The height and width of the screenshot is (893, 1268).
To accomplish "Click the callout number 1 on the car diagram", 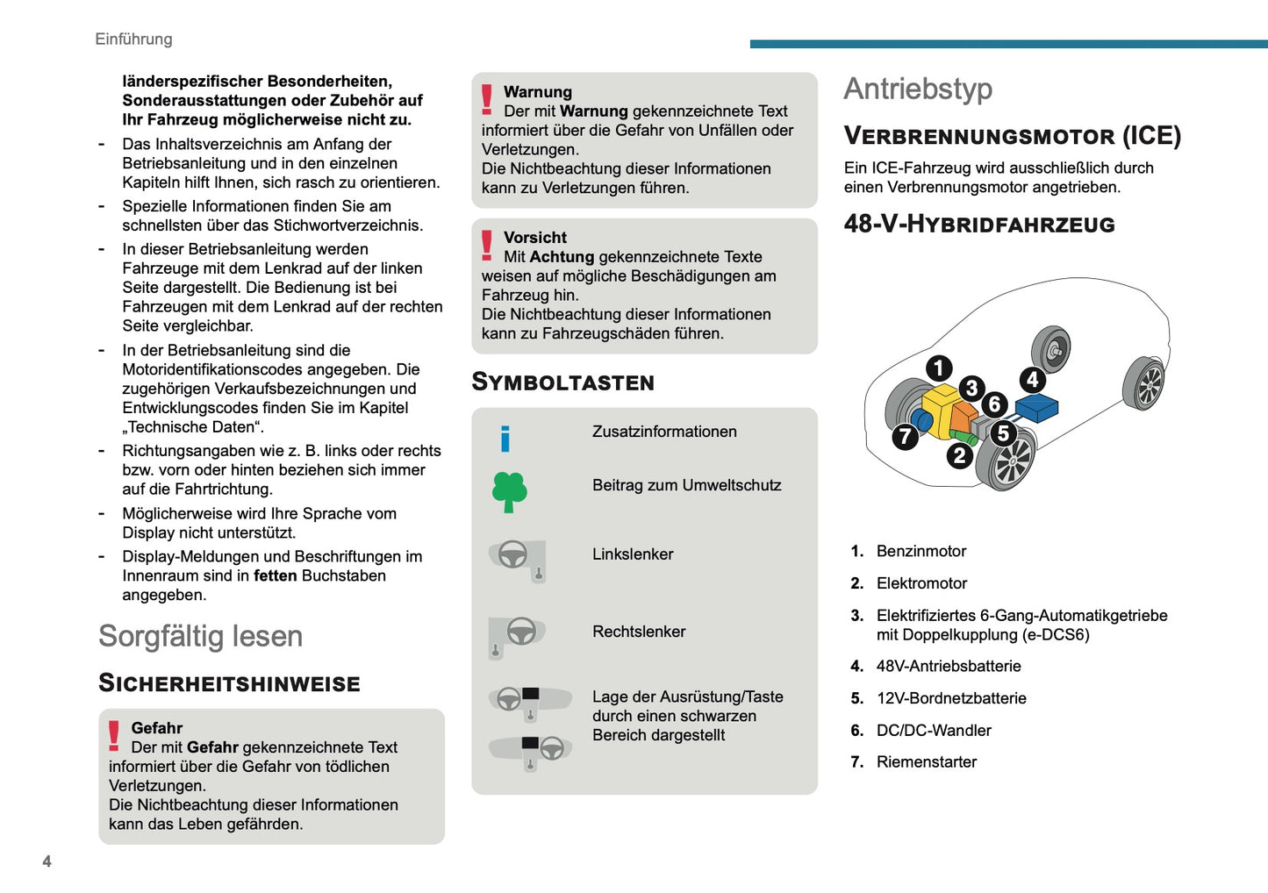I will click(939, 368).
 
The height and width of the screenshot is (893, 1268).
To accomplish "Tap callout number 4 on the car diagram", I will click(1033, 380).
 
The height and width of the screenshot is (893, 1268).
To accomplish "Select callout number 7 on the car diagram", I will click(905, 436).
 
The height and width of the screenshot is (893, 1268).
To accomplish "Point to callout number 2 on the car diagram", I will click(959, 455).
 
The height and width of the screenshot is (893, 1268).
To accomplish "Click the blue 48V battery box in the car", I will click(1036, 407).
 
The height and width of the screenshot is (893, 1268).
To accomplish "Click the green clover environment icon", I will click(509, 491).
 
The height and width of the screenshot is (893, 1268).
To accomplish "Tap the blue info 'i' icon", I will click(505, 439).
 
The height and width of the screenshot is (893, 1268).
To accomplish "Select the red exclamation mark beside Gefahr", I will click(114, 735).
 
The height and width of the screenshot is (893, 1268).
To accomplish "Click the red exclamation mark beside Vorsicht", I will click(487, 245).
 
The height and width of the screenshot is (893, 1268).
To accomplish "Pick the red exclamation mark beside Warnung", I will click(487, 99).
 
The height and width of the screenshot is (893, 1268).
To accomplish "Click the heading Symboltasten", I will click(562, 382).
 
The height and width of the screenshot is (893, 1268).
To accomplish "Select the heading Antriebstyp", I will click(918, 89).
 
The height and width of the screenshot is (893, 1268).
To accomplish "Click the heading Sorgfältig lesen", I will click(200, 636).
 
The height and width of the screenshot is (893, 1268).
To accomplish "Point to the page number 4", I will click(47, 861).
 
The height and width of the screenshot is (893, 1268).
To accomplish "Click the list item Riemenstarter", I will click(926, 762).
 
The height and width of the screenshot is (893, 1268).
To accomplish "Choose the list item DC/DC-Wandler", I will click(933, 731).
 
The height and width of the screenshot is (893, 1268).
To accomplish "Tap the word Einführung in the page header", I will click(133, 39).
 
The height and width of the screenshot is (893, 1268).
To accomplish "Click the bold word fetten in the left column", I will click(276, 576).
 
